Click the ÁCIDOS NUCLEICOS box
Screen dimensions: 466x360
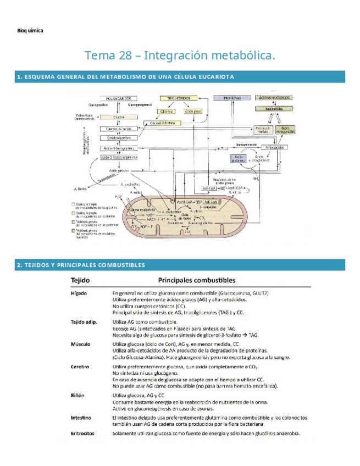(274, 97)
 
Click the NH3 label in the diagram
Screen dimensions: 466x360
(256, 179)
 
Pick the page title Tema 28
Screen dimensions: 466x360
(180, 56)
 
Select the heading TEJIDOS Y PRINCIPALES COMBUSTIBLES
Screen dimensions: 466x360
(81, 265)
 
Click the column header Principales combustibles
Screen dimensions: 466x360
(197, 280)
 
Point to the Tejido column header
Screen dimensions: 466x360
(80, 280)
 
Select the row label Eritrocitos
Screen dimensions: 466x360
(82, 433)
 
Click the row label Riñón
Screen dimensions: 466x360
(77, 395)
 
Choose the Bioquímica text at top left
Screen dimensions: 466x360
(31, 30)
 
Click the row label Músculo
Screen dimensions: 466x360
(80, 343)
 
